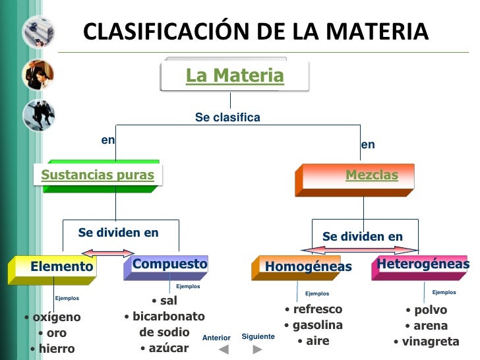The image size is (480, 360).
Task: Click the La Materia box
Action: [x=234, y=76]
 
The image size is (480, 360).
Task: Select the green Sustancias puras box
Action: [x=97, y=175]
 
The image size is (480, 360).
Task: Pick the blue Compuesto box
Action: [x=169, y=264]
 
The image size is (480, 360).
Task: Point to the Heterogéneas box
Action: [x=423, y=264]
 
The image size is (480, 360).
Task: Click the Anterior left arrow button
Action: [x=224, y=349]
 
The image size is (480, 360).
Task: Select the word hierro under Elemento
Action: [x=56, y=349]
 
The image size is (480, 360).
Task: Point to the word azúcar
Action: [x=168, y=347]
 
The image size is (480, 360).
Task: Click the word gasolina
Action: [x=317, y=325]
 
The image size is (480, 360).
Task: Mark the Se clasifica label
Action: [x=227, y=117]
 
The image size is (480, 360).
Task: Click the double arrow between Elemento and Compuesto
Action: [x=107, y=252]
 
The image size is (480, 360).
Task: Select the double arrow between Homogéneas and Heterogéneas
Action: [x=359, y=250]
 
